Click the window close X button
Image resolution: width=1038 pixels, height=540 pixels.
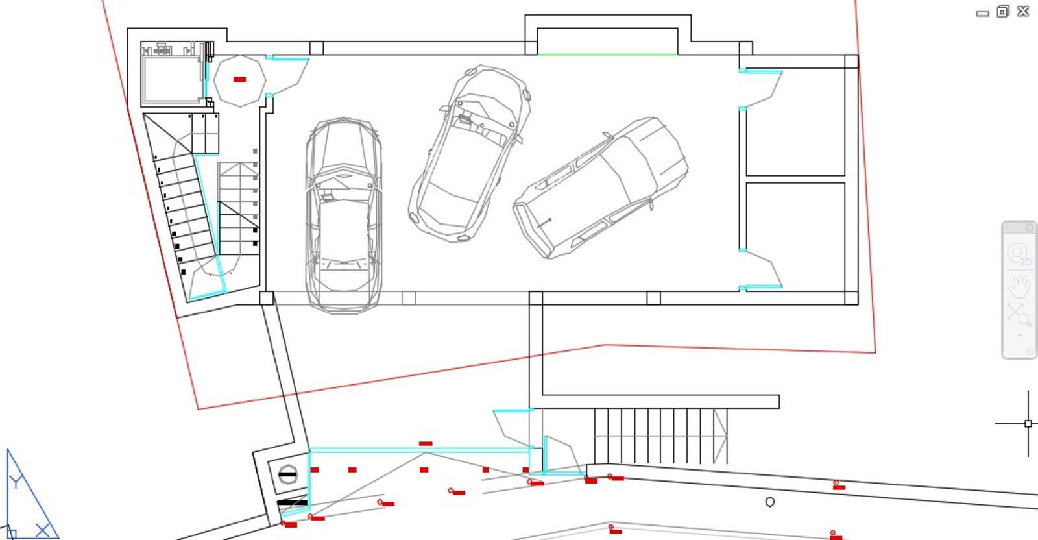pyautogui.click(x=1023, y=11)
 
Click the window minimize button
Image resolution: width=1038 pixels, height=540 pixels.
pyautogui.click(x=982, y=12)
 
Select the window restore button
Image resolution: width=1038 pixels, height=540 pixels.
pyautogui.click(x=1003, y=11)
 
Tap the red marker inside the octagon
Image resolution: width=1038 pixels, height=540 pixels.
pyautogui.click(x=239, y=79)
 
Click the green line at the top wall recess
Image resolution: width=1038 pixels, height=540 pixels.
pyautogui.click(x=607, y=55)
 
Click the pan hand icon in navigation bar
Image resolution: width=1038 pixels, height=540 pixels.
pyautogui.click(x=1019, y=285)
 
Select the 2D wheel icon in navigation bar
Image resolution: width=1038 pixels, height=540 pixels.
pyautogui.click(x=1019, y=254)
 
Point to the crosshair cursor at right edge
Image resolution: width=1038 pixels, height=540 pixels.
pyautogui.click(x=1028, y=424)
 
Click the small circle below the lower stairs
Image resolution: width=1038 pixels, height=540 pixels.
pyautogui.click(x=769, y=502)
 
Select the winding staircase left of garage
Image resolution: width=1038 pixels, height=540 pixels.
pyautogui.click(x=188, y=208)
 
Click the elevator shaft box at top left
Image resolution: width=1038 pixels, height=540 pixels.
pyautogui.click(x=172, y=78)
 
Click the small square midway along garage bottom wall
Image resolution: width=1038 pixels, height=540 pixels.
pyautogui.click(x=409, y=298)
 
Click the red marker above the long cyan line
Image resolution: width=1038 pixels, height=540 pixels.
pyautogui.click(x=426, y=444)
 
